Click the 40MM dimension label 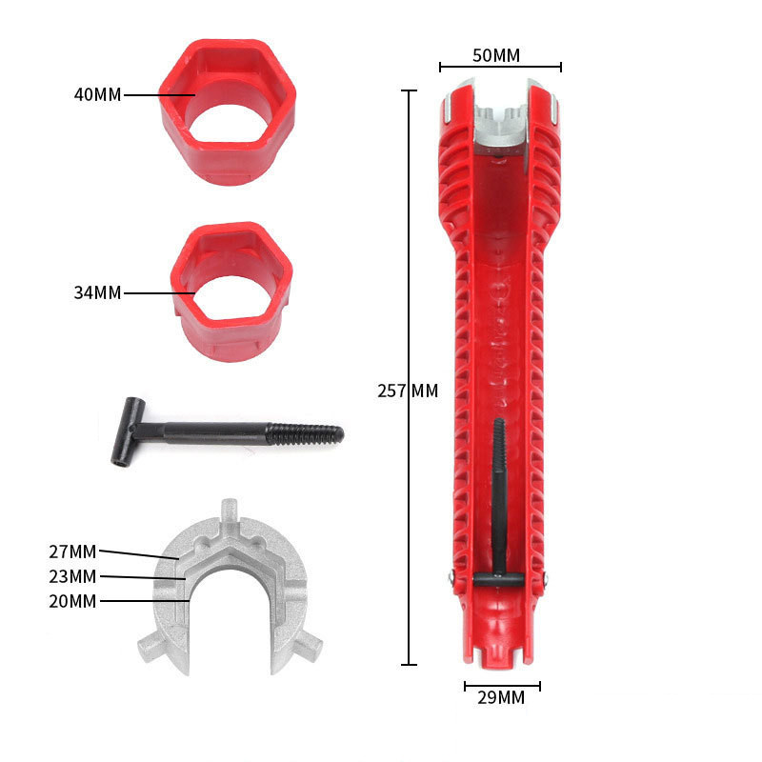click(97, 94)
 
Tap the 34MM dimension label click(97, 292)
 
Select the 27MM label click(72, 551)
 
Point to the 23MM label click(72, 576)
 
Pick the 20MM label click(72, 601)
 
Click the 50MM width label click(496, 55)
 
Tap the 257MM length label click(408, 391)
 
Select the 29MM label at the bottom click(501, 697)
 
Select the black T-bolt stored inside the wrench click(498, 505)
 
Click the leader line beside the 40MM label click(159, 94)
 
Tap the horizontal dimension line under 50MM click(500, 67)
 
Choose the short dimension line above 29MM click(502, 684)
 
